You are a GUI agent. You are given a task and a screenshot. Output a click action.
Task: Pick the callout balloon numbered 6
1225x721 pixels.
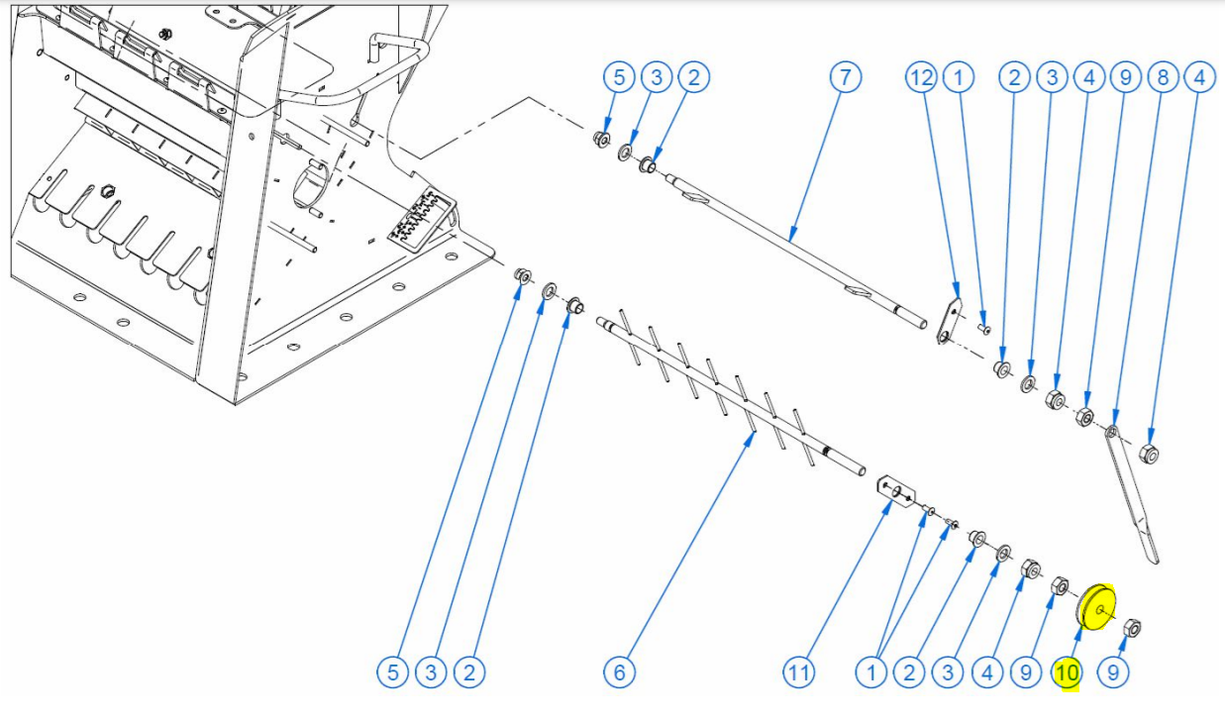point(619,673)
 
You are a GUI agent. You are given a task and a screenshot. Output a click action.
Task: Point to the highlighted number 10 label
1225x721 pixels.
point(1067,673)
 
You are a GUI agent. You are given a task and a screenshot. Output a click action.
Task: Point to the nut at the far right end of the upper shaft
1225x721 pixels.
point(1150,455)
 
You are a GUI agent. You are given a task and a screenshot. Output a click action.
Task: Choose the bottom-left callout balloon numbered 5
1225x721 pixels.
point(394,673)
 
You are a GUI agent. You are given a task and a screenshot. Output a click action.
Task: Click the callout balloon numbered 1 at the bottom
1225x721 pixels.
point(871,673)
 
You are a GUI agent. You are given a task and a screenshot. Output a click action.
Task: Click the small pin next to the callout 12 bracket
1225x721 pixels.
point(983,327)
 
